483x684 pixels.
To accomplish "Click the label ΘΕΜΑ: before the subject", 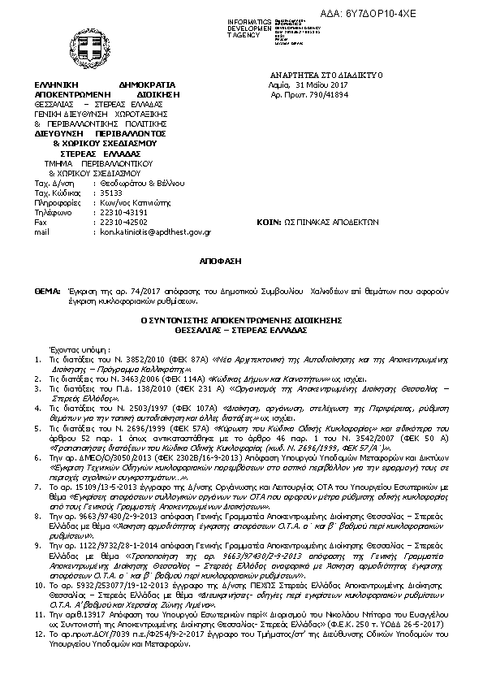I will pos(47,290).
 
